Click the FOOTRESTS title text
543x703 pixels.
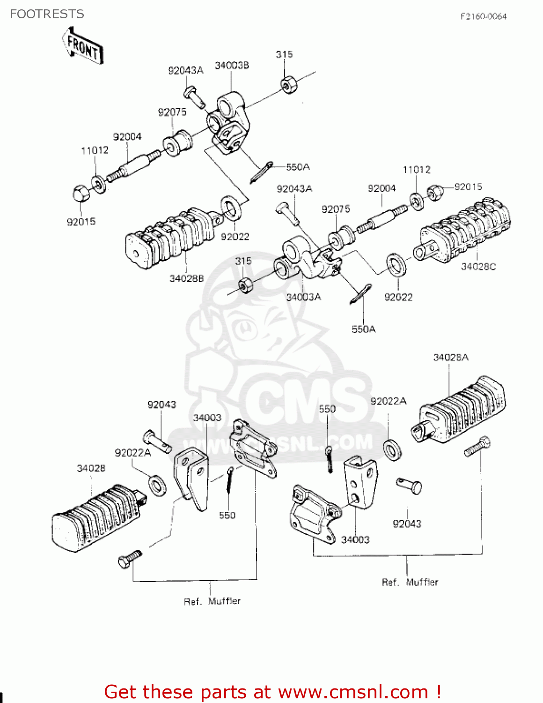click(47, 14)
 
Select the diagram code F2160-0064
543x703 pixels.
click(483, 17)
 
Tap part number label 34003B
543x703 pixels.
click(232, 66)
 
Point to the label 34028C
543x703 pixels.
click(478, 267)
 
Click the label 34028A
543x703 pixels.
click(450, 358)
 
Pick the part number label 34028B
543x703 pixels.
click(186, 278)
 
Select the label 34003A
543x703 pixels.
click(303, 297)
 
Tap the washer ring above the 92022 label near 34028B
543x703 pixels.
click(231, 208)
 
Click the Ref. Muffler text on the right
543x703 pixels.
click(410, 582)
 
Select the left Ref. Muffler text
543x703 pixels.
click(212, 601)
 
